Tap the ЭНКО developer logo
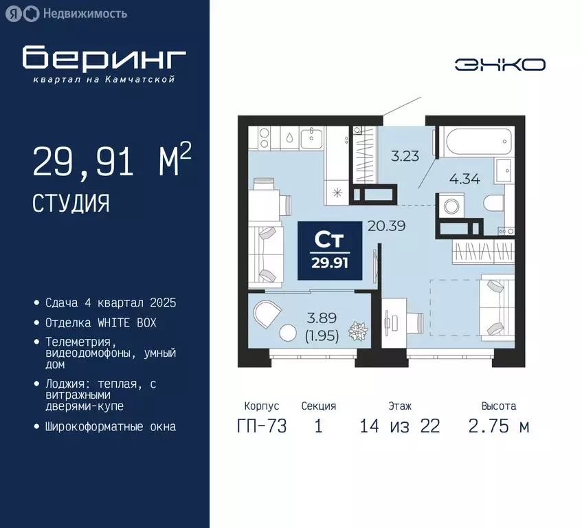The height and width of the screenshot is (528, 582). [x=500, y=65]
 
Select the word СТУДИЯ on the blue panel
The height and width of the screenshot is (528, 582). [x=71, y=202]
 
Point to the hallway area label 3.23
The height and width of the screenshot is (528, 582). [x=405, y=156]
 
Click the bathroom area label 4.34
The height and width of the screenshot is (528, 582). [x=464, y=181]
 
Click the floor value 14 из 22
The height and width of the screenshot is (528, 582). [x=399, y=426]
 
